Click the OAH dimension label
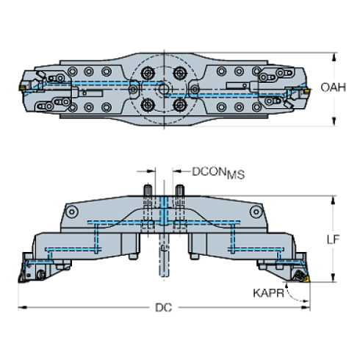click(x=333, y=87)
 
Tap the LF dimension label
click(x=333, y=240)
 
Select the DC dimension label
click(x=164, y=308)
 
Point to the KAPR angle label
click(x=268, y=293)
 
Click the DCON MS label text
click(x=218, y=173)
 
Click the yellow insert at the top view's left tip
click(x=22, y=87)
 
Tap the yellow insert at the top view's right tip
click(x=306, y=91)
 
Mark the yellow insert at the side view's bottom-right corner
click(x=306, y=279)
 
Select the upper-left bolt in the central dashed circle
click(x=148, y=73)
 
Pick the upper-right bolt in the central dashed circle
click(x=180, y=73)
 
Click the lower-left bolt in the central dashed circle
click(x=148, y=105)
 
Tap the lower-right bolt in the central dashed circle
click(x=180, y=105)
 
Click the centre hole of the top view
click(x=163, y=89)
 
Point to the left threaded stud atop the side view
click(x=148, y=190)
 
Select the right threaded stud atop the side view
click(x=180, y=190)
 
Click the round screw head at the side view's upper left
click(x=72, y=212)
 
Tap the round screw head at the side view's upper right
click(x=256, y=212)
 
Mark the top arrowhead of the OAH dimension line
click(x=334, y=57)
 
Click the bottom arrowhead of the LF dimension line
click(x=333, y=278)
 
